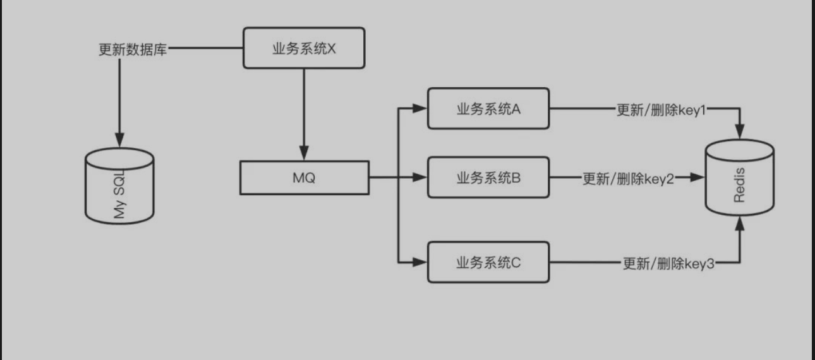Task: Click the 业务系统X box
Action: pos(304,48)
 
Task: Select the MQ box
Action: pos(304,177)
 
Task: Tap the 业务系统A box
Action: pos(488,109)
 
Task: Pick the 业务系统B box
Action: pos(488,178)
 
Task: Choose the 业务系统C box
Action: pos(488,262)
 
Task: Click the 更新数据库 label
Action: pos(133,49)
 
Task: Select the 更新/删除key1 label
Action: pos(660,109)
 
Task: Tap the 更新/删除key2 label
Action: pos(628,178)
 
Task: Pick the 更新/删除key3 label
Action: pos(668,263)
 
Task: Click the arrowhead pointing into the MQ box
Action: pos(304,154)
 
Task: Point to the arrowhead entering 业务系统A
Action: pos(420,109)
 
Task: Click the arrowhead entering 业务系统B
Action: pos(420,177)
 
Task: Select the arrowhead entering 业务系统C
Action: pos(420,260)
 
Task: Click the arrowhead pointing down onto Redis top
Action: pos(739,131)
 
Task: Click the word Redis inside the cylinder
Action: pos(740,184)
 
